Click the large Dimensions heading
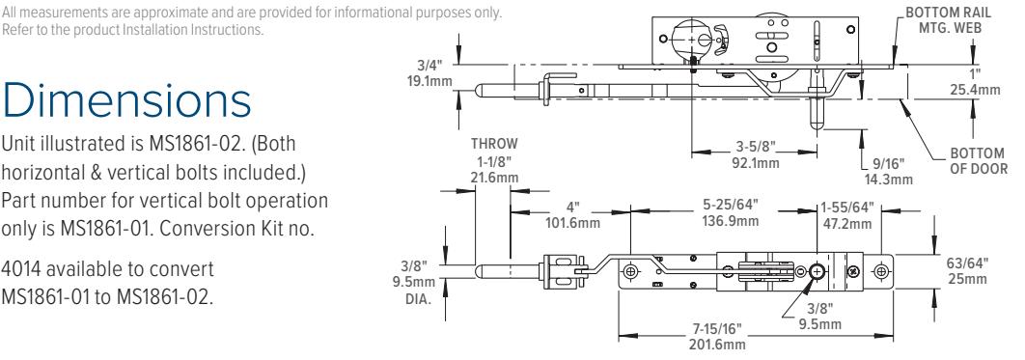pos(126,100)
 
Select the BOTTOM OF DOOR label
pos(978,161)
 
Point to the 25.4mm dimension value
pos(975,90)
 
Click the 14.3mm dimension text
pos(888,179)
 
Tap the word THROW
pos(493,144)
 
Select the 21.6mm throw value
pos(493,178)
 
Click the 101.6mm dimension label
pos(572,223)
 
